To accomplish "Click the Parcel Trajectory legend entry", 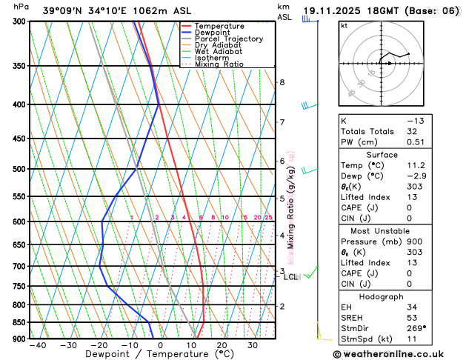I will (x=231, y=39).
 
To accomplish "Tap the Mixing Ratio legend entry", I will (x=219, y=64).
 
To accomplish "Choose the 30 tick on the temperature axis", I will (x=253, y=345).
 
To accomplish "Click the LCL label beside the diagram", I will (x=290, y=277).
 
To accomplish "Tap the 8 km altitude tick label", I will (x=282, y=82).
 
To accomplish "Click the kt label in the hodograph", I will (x=344, y=25).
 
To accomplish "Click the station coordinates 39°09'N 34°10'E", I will (x=92, y=10).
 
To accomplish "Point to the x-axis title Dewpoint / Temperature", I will (x=130, y=354).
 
